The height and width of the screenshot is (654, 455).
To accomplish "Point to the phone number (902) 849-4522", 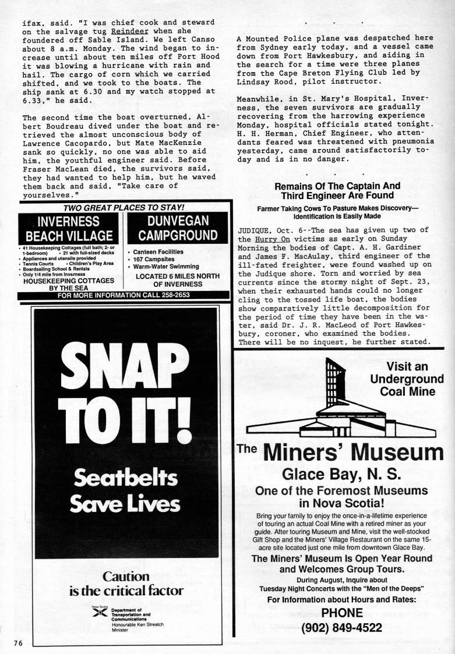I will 341,627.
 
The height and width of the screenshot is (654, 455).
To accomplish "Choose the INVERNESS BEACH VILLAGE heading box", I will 68,229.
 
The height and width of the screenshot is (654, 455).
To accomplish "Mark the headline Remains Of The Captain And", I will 337,187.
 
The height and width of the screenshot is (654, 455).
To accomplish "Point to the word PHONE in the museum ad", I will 341,613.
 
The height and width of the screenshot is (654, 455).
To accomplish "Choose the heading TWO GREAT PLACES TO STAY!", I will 124,207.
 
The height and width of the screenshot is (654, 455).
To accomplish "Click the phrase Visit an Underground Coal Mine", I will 407,379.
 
